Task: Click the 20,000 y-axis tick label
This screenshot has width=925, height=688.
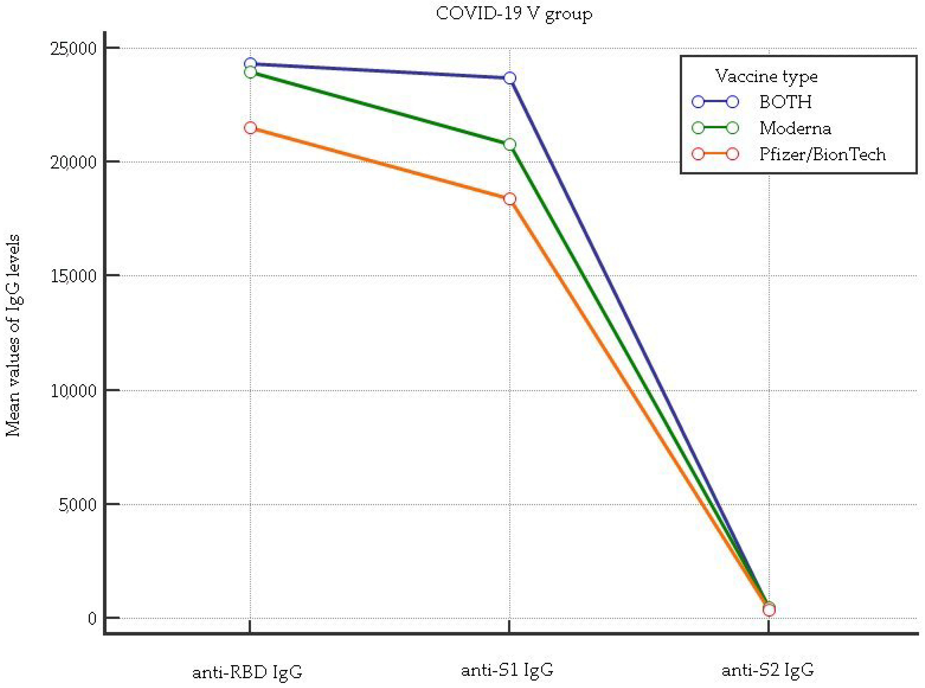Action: [x=73, y=162]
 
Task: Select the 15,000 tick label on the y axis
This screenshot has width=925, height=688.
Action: [x=73, y=276]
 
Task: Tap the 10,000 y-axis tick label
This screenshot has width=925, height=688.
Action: [x=73, y=391]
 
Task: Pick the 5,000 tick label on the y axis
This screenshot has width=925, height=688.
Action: [x=77, y=505]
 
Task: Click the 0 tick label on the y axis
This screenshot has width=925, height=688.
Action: [x=92, y=618]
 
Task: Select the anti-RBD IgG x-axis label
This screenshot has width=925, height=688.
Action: [x=247, y=672]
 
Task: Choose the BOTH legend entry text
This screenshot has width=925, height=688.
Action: [x=785, y=102]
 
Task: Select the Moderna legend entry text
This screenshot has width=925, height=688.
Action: [x=795, y=128]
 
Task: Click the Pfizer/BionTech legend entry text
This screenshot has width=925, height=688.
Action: [x=822, y=155]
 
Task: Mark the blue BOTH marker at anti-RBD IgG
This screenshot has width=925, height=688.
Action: [x=250, y=64]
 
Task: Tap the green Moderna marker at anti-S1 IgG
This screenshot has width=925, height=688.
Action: [x=510, y=145]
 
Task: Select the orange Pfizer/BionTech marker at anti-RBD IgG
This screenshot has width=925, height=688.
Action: [x=250, y=128]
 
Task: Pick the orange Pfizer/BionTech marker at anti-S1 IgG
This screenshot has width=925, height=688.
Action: [x=510, y=199]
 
